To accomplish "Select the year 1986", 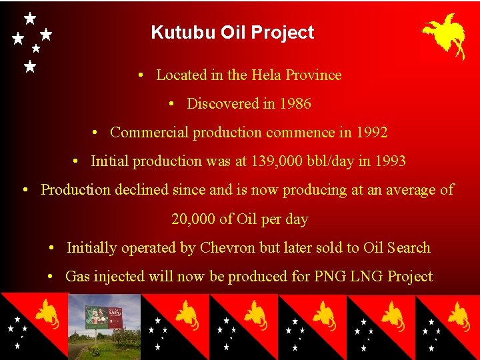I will coord(295,103).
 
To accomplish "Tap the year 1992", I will coord(371,132).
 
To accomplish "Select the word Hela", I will coord(265,75).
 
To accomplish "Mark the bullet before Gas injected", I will coord(51,276).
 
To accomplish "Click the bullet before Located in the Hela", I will coord(142,75).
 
